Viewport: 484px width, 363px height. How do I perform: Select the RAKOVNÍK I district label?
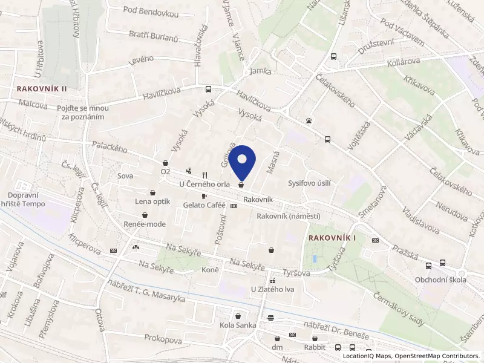pyautogui.click(x=332, y=238)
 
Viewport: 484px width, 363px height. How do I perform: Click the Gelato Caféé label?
pyautogui.click(x=204, y=206)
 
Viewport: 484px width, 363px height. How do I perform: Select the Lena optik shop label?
pyautogui.click(x=151, y=201)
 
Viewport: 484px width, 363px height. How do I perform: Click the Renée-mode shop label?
pyautogui.click(x=145, y=224)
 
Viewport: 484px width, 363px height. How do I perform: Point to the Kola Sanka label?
pyautogui.click(x=238, y=326)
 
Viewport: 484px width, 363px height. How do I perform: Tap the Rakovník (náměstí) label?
pyautogui.click(x=288, y=216)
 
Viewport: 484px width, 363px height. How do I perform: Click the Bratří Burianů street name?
pyautogui.click(x=153, y=37)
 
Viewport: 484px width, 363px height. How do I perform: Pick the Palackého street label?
pyautogui.click(x=110, y=146)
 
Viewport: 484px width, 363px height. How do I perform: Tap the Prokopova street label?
pyautogui.click(x=163, y=341)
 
